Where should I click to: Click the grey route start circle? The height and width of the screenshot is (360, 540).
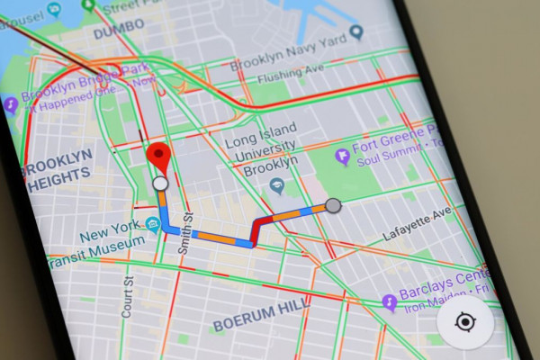(x=333, y=206)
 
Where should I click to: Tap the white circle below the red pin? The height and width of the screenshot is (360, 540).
(x=160, y=184)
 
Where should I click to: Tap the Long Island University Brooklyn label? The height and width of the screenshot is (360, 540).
(x=260, y=151)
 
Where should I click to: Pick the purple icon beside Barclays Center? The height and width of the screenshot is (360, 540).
(x=389, y=301)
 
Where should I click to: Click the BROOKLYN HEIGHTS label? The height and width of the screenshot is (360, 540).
(x=57, y=170)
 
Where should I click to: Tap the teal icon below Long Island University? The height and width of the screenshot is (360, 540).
(x=278, y=185)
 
